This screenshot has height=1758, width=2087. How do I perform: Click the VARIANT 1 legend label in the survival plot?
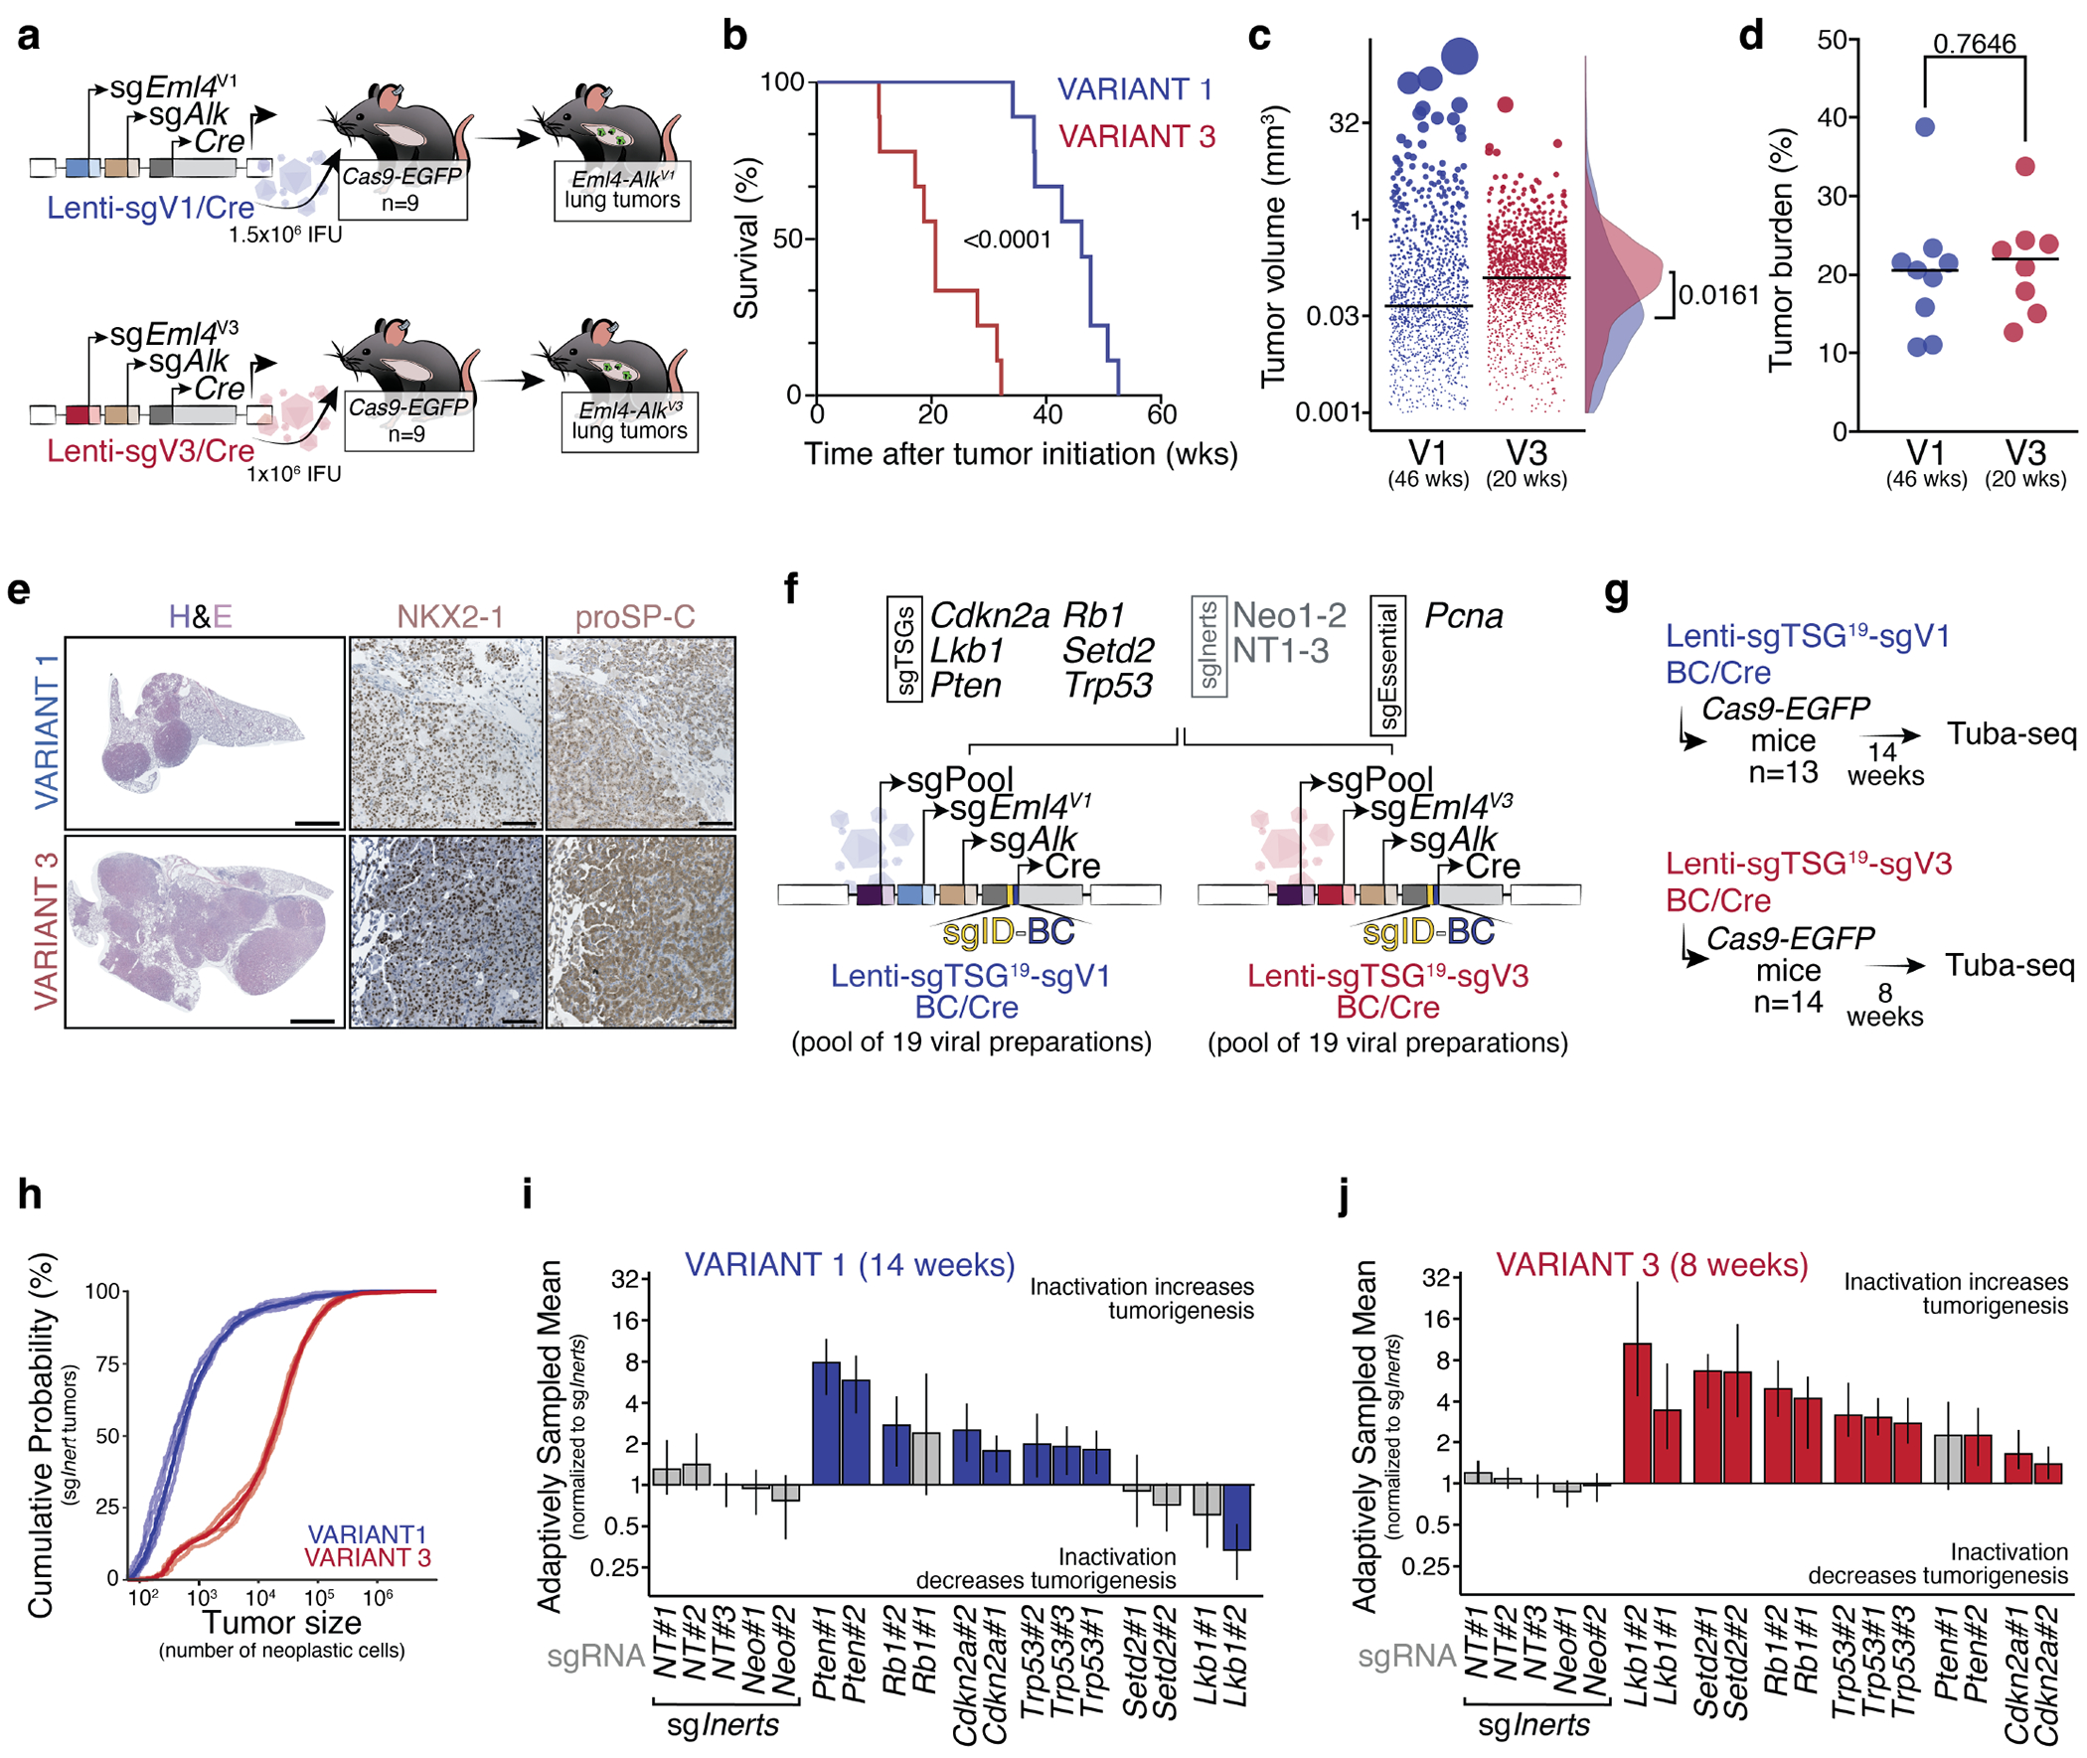1134,89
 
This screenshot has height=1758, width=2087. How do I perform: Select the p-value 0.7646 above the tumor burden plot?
1974,44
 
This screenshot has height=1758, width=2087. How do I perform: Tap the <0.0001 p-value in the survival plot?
1007,240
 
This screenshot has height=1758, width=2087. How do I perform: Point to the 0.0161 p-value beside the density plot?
1718,295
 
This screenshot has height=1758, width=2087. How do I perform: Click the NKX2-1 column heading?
449,617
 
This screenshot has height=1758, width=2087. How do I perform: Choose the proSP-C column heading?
635,617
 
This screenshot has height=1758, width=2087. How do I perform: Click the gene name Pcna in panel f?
1463,616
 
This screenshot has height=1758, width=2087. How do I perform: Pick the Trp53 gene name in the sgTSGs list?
1107,686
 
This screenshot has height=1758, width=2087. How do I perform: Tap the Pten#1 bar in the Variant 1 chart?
826,1423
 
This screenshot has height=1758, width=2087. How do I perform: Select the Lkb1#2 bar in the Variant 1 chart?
1237,1517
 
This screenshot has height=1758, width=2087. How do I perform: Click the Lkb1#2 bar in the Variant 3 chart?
1637,1413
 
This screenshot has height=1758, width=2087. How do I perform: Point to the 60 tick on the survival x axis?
1162,413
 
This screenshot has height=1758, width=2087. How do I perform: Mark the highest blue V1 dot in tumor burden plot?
1925,126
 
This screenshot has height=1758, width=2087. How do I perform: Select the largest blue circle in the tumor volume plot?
1460,56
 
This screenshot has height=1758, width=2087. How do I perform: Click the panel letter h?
30,1193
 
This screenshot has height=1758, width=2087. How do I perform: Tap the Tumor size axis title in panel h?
282,1623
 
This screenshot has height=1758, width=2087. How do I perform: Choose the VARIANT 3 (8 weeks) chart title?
1652,1265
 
